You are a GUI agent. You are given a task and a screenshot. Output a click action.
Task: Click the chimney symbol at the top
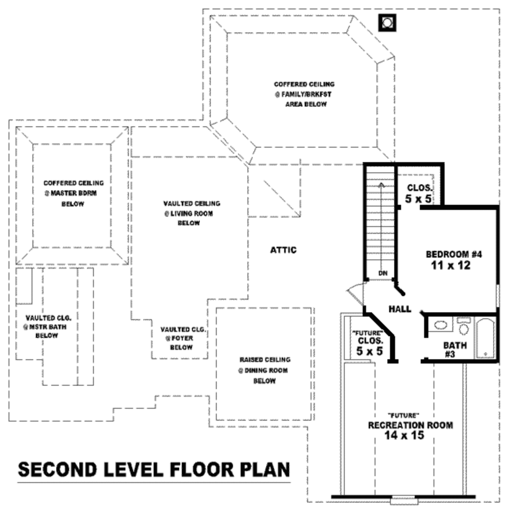tap(387, 23)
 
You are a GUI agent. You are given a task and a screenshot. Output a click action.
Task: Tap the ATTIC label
tap(283, 250)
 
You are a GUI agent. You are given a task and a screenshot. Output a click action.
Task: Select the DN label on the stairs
tap(383, 273)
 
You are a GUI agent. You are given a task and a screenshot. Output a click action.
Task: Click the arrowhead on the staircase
tap(381, 185)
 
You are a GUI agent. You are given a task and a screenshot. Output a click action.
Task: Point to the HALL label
tap(399, 309)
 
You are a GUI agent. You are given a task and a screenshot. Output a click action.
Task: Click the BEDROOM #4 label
tap(454, 254)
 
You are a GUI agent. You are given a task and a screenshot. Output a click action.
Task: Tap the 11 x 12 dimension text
tap(451, 265)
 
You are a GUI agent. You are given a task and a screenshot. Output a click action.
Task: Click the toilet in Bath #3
tap(463, 326)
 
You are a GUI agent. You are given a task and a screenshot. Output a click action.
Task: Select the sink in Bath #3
tap(440, 325)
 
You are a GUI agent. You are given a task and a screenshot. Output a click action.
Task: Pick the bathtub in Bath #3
tap(485, 338)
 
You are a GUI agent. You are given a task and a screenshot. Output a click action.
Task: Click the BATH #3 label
tap(454, 349)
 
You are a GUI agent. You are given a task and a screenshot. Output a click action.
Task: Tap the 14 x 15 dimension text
tap(404, 435)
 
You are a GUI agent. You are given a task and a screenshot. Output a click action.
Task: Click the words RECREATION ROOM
tap(410, 425)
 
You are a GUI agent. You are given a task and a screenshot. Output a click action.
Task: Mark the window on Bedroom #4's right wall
tap(497, 295)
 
